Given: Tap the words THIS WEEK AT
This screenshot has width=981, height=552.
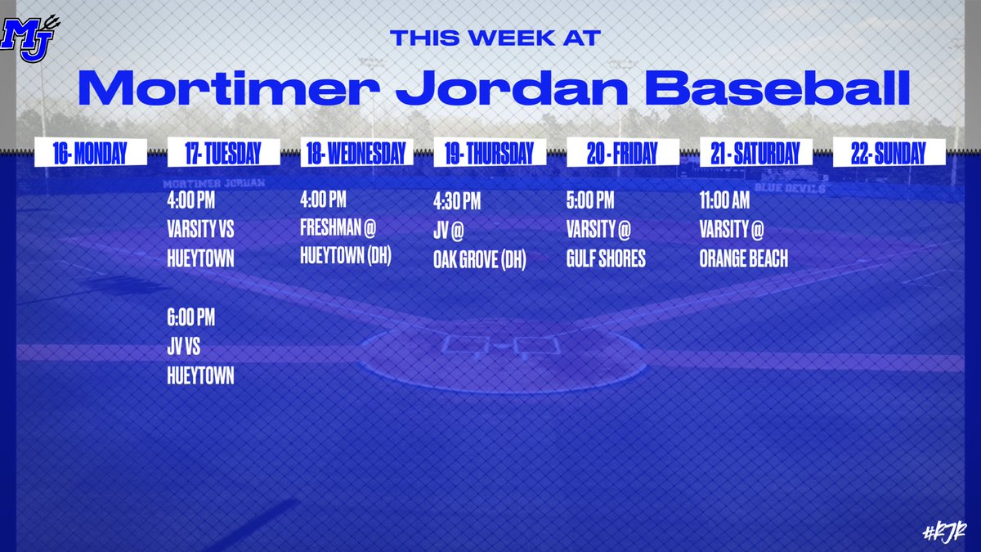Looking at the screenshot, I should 495,38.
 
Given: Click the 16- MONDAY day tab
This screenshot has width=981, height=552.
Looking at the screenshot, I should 90,154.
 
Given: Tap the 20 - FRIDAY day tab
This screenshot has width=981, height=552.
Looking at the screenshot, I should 622,154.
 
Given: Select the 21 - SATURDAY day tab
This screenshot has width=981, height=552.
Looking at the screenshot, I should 756,154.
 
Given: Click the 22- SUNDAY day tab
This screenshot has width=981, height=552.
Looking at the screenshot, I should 888,154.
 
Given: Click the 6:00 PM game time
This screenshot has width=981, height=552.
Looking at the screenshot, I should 191,318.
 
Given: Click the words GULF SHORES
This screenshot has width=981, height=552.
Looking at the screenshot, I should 606,260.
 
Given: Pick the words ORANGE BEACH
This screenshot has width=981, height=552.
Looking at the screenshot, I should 744,260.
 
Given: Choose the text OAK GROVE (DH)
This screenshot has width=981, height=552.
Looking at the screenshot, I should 480,260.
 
